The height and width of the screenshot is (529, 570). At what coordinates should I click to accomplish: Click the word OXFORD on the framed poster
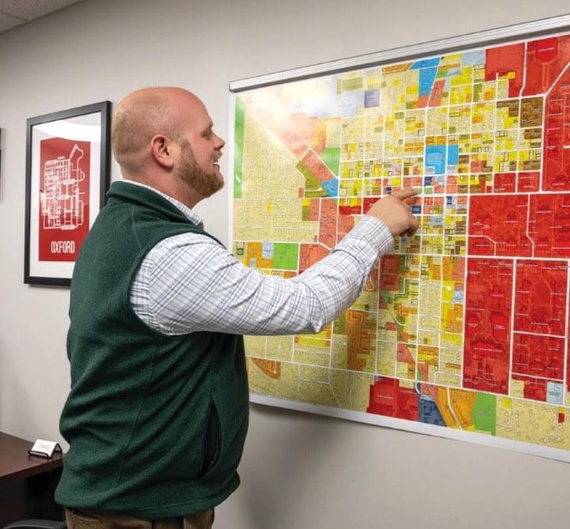pyautogui.click(x=63, y=247)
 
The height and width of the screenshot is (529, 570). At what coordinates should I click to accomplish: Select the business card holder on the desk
pyautogui.click(x=44, y=448)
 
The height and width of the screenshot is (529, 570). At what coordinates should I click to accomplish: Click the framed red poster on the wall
pyautogui.click(x=66, y=193)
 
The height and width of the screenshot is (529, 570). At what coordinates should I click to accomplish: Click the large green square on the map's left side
pyautogui.click(x=285, y=255)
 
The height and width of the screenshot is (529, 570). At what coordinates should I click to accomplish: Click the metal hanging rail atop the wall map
pyautogui.click(x=396, y=51)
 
